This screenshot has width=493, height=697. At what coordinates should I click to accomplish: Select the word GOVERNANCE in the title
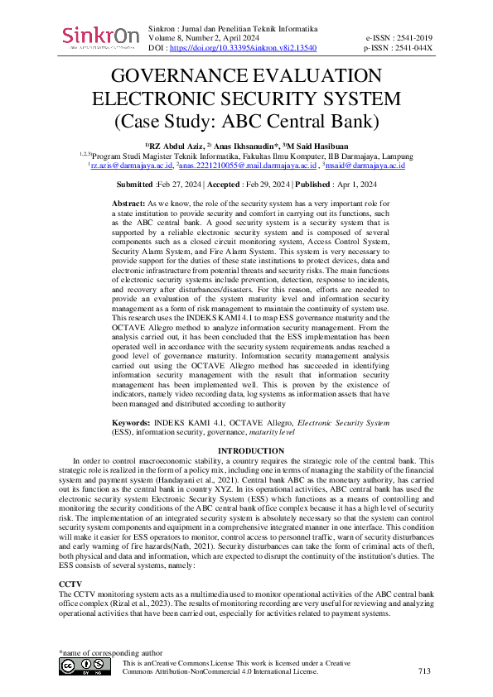(194, 76)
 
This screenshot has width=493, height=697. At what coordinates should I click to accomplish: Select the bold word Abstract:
(128, 203)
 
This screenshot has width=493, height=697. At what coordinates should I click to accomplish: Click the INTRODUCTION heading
(246, 451)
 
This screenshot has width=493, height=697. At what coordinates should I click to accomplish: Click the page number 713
(425, 671)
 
